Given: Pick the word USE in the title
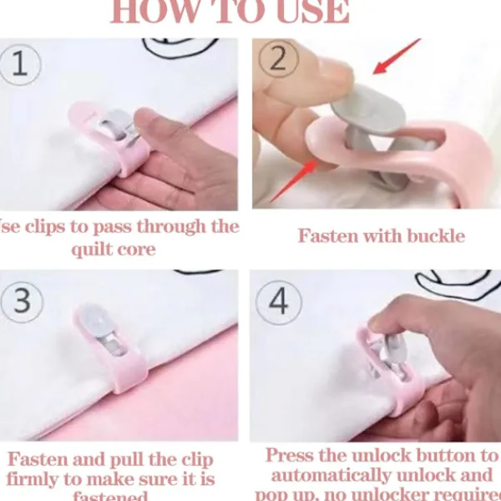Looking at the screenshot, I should tap(309, 11).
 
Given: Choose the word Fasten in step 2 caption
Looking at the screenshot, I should tap(329, 235).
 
